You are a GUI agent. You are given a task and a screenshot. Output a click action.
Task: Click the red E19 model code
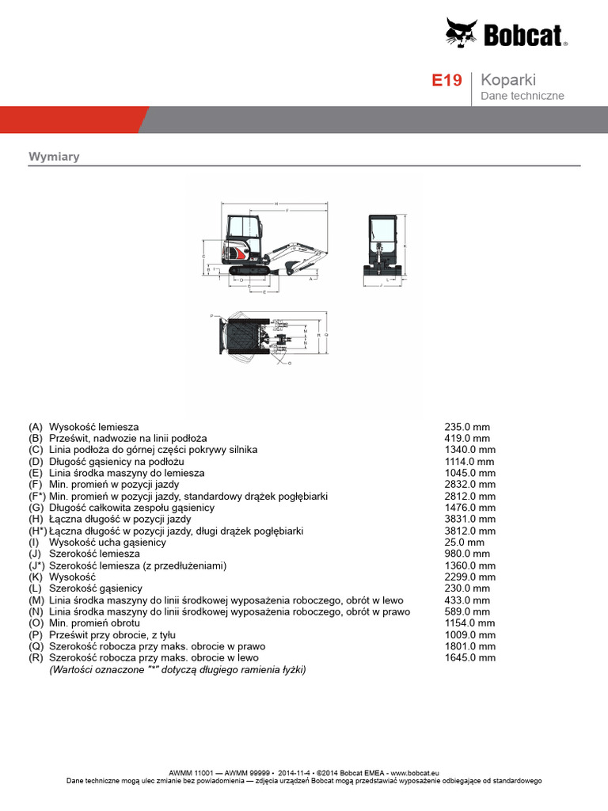(446, 81)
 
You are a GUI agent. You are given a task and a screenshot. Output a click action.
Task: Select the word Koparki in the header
(509, 80)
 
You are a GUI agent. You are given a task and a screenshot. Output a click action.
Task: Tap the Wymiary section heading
(54, 157)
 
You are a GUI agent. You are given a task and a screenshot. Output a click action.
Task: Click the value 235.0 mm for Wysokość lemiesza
(467, 427)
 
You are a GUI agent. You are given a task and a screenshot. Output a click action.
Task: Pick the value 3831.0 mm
(469, 519)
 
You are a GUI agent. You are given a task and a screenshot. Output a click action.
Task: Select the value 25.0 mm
(465, 543)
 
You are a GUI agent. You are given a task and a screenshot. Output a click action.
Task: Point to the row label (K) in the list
(35, 577)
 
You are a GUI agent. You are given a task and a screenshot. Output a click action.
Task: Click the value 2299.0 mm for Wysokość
(469, 577)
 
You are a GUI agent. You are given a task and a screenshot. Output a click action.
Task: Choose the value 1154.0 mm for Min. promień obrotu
(469, 623)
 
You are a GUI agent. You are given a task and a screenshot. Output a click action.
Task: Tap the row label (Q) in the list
(35, 646)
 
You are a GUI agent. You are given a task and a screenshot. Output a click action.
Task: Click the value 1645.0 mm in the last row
(469, 658)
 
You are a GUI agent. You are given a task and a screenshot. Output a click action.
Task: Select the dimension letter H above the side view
(275, 204)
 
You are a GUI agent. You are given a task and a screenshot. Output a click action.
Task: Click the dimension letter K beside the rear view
(405, 246)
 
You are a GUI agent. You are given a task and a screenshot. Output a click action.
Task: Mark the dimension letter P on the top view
(211, 315)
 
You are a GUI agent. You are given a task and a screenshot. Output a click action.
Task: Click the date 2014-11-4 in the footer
(294, 772)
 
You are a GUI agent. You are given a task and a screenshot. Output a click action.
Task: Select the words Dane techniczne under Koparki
(522, 96)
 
